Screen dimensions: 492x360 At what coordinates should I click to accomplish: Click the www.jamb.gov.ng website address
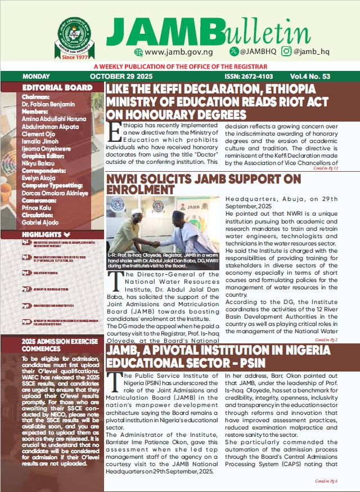[172, 52]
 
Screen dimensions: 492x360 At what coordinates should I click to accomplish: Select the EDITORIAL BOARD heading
[57, 88]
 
